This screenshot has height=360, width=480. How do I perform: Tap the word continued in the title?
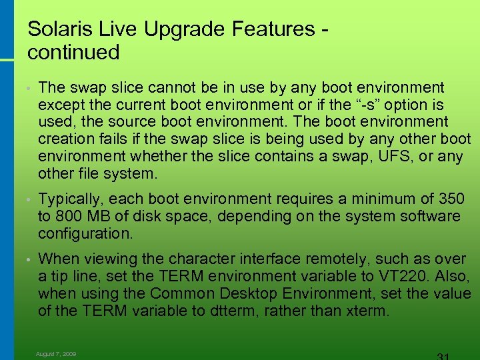pos(73,52)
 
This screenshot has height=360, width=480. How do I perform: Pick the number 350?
pos(451,199)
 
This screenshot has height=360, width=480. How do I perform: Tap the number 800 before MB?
pos(69,217)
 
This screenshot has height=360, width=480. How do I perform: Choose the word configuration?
pos(85,234)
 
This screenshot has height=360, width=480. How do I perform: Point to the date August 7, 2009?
pos(56,354)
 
